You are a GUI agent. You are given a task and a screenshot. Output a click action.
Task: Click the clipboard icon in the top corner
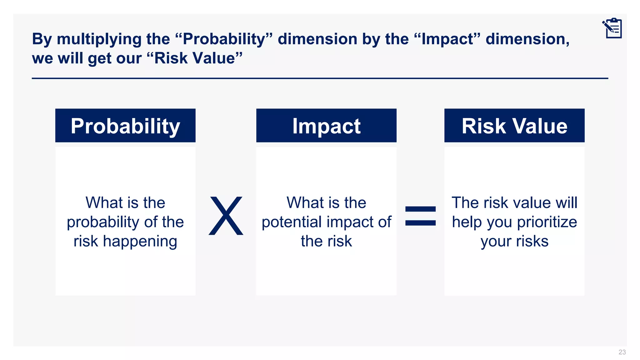tap(612, 28)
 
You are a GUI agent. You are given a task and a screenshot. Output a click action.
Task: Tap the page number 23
tap(622, 352)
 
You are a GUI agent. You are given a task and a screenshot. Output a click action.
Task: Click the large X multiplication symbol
tap(226, 216)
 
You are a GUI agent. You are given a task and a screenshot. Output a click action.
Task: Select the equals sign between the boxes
tap(420, 216)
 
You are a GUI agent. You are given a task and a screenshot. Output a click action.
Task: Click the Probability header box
tap(125, 126)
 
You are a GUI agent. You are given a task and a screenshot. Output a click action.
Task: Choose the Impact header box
tap(326, 126)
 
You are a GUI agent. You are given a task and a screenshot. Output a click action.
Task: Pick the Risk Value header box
tap(514, 126)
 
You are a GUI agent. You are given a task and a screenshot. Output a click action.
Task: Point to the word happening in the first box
tap(140, 242)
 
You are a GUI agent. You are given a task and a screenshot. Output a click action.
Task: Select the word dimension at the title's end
tap(527, 39)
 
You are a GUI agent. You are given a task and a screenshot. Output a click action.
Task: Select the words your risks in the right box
tap(514, 242)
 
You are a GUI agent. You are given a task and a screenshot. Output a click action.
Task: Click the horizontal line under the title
tap(320, 78)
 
